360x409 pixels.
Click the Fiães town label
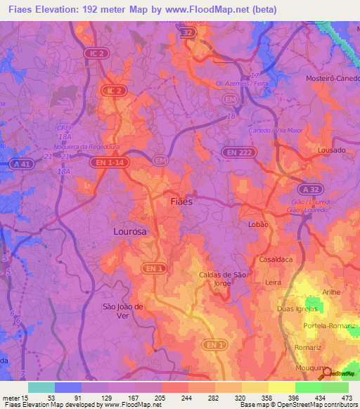click(182, 201)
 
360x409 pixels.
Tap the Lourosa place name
click(130, 231)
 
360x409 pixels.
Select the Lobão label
click(259, 223)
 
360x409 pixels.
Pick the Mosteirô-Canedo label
click(333, 78)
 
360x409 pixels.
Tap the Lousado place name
click(332, 150)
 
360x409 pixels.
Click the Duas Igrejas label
click(298, 309)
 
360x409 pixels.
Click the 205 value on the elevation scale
click(161, 397)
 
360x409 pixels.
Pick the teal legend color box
click(41, 387)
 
